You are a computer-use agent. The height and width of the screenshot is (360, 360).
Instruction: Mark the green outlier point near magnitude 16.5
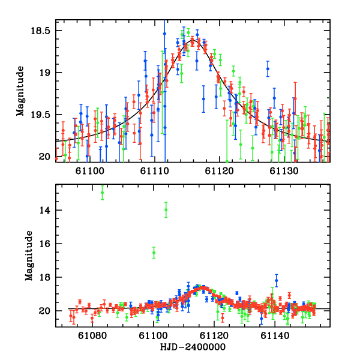pyautogui.click(x=154, y=253)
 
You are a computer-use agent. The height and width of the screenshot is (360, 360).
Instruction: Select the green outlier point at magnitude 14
pyautogui.click(x=166, y=209)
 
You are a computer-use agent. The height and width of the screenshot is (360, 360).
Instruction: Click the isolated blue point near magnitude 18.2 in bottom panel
pyautogui.click(x=277, y=280)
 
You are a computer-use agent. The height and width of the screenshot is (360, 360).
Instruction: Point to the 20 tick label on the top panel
pyautogui.click(x=46, y=157)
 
